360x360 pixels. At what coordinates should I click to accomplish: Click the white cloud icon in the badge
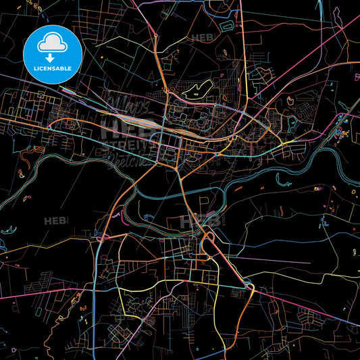[52, 43]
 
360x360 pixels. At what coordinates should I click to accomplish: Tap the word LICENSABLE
[52, 68]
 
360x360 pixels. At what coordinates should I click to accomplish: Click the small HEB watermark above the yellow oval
[203, 38]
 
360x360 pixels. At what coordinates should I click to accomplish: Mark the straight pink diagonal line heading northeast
[311, 68]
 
